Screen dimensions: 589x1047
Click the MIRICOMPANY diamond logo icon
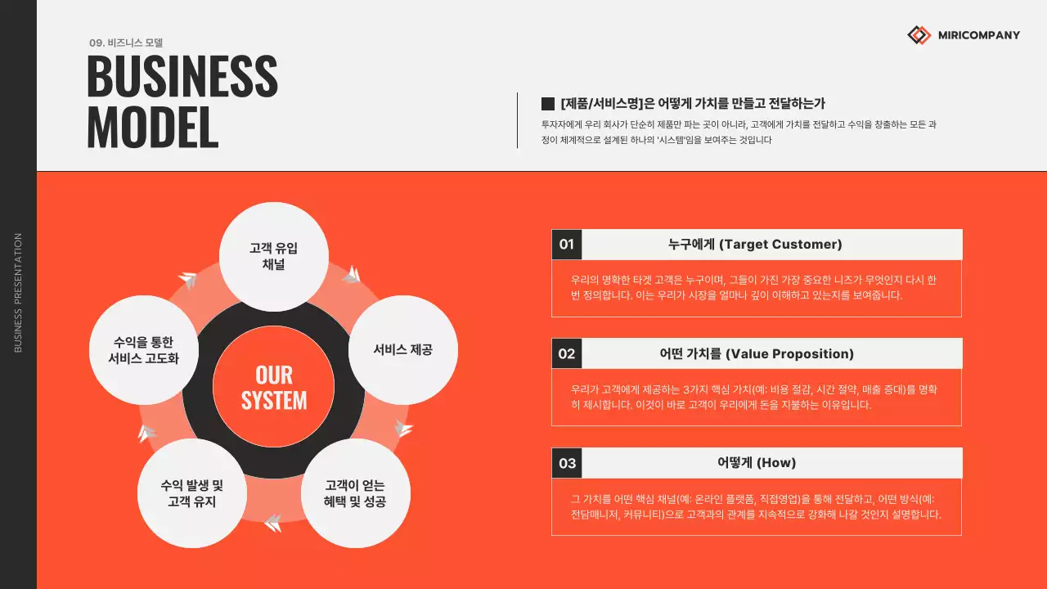click(x=919, y=35)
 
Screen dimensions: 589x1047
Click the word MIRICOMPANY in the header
click(x=979, y=35)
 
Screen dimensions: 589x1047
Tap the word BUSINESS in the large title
click(x=182, y=77)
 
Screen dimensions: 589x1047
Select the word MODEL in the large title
click(x=152, y=127)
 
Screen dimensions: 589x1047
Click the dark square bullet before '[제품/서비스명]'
click(x=548, y=104)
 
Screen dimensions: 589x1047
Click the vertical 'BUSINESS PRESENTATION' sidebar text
click(x=18, y=293)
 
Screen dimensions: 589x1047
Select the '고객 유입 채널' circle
click(x=274, y=257)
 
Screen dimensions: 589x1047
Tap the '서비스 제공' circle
click(x=403, y=349)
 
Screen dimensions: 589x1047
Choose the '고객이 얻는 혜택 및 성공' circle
click(x=355, y=493)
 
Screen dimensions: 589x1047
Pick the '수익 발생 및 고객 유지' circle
click(x=192, y=493)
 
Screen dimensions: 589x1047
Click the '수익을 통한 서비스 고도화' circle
click(x=143, y=350)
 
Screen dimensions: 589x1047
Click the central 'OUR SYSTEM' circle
click(x=274, y=387)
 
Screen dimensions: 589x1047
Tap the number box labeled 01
click(x=567, y=245)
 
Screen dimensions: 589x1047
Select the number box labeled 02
click(x=567, y=353)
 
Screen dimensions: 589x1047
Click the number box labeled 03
click(x=567, y=463)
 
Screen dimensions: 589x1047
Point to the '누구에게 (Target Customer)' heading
click(x=755, y=245)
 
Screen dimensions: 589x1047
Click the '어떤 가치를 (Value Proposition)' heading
click(x=757, y=353)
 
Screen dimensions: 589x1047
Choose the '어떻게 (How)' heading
click(x=757, y=463)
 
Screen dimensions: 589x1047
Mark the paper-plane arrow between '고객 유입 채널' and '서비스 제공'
click(x=351, y=274)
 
